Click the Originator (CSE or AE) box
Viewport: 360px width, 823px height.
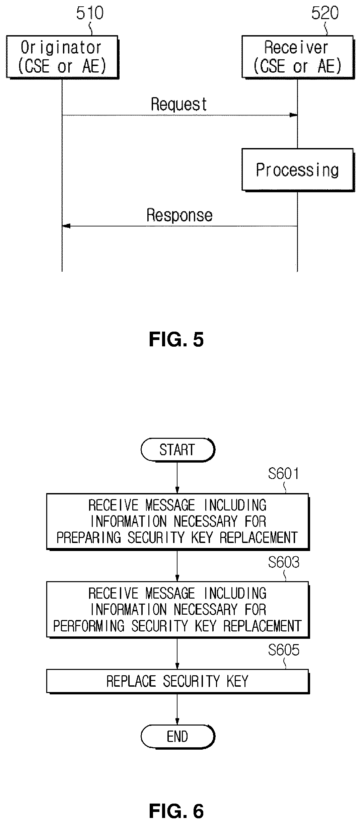pyautogui.click(x=62, y=57)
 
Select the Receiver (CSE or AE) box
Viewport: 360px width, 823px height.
pyautogui.click(x=298, y=57)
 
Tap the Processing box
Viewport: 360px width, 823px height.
pyautogui.click(x=298, y=170)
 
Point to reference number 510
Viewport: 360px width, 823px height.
pyautogui.click(x=90, y=13)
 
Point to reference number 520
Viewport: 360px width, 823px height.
pyautogui.click(x=325, y=13)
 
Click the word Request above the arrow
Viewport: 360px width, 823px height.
pyautogui.click(x=179, y=104)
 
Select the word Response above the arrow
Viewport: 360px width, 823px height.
pyautogui.click(x=179, y=215)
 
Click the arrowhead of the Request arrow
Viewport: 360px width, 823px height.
pyautogui.click(x=294, y=115)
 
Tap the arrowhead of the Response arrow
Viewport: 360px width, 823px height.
pyautogui.click(x=66, y=226)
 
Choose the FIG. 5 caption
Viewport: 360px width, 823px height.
pyautogui.click(x=176, y=340)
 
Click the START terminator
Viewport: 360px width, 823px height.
pyautogui.click(x=177, y=450)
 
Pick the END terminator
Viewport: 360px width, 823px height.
pyautogui.click(x=177, y=737)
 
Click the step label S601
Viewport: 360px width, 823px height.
pyautogui.click(x=283, y=474)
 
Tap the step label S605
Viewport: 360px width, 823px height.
pyautogui.click(x=283, y=650)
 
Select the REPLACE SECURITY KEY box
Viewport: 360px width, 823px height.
pyautogui.click(x=177, y=681)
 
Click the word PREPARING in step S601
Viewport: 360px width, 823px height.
pyautogui.click(x=88, y=538)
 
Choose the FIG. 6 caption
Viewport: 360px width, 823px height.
pyautogui.click(x=176, y=811)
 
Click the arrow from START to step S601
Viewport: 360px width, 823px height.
pyautogui.click(x=177, y=477)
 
